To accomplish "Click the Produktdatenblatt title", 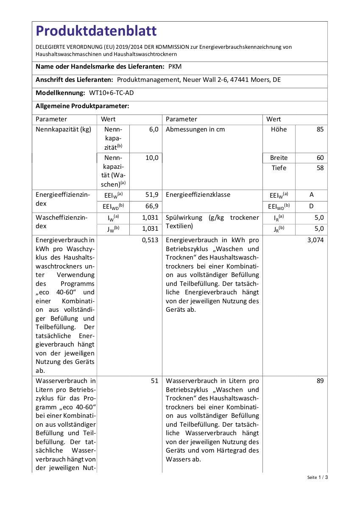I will [x=96, y=31].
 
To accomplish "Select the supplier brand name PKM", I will [x=175, y=67].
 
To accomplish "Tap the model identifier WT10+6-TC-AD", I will [x=114, y=93].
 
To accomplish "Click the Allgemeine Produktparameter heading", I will [x=82, y=106].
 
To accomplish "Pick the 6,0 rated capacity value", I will [x=153, y=130].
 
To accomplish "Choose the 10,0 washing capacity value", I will [x=152, y=158].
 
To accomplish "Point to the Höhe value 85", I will [x=320, y=130].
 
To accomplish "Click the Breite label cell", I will [x=279, y=158].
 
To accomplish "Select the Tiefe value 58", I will [x=320, y=168].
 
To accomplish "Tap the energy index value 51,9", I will [x=151, y=195].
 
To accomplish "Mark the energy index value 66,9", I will [x=151, y=206].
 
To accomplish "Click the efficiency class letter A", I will [x=312, y=195].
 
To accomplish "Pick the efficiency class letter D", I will [x=312, y=206].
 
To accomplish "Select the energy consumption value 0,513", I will [x=150, y=240].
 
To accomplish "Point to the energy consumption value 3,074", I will [x=315, y=240].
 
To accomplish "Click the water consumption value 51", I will [x=154, y=381].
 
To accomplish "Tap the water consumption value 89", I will [x=320, y=381].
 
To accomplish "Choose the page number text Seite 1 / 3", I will [x=318, y=477].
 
